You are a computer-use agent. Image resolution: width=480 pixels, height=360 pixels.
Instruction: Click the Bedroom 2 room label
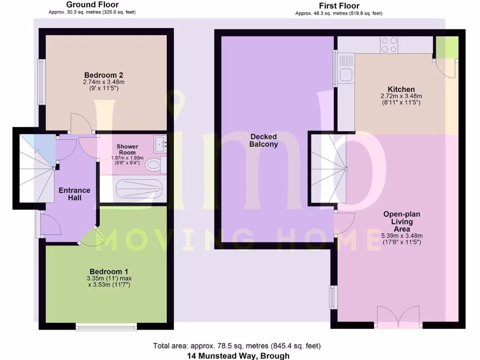[104, 75]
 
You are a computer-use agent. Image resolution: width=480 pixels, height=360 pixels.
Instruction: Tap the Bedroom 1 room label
[109, 271]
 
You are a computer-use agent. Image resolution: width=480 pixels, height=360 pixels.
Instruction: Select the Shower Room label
[127, 149]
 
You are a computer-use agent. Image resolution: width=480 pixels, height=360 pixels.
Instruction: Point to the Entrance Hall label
[74, 194]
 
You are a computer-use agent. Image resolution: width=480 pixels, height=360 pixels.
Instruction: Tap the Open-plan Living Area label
[402, 221]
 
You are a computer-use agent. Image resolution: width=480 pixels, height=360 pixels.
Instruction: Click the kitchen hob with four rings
[389, 45]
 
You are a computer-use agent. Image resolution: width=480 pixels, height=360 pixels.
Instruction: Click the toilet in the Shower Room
[153, 165]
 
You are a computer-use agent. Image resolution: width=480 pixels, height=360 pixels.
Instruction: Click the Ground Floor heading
[92, 5]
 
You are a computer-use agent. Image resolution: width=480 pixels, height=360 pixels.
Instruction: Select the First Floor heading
[339, 6]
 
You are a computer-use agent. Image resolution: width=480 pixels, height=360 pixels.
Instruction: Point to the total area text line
[237, 346]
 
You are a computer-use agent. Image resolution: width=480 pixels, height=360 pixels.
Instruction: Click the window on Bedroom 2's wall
[42, 82]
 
